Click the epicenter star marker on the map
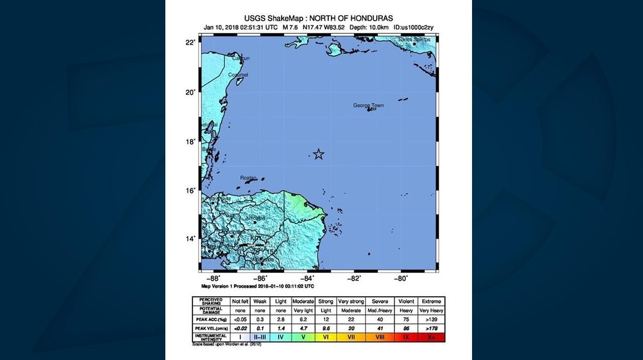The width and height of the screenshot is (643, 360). [318, 154]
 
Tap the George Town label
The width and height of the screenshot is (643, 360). [368, 106]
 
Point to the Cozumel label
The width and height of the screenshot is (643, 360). [238, 75]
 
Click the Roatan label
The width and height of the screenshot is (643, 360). [248, 178]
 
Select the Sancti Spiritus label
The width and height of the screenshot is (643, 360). [414, 39]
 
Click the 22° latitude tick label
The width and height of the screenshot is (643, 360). [190, 42]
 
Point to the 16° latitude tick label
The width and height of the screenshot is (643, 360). [190, 190]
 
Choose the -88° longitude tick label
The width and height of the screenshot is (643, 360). [214, 278]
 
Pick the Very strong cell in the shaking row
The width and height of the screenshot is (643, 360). [350, 301]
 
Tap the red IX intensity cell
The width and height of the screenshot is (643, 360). [406, 337]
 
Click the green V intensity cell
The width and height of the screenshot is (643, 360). [303, 337]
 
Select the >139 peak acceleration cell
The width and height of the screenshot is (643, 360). [431, 319]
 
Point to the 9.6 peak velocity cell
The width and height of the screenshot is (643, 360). [326, 328]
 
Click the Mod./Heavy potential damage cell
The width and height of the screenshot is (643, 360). [380, 310]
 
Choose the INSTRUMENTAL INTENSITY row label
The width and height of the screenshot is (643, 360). [211, 337]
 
